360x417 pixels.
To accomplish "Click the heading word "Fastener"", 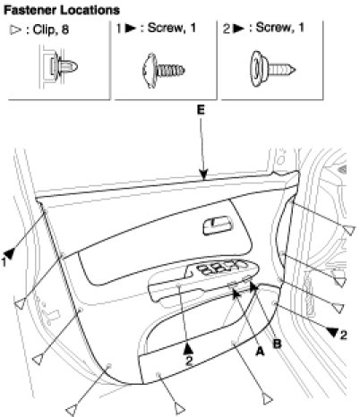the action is (x=30, y=11).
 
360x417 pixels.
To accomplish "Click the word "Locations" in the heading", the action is (x=90, y=11).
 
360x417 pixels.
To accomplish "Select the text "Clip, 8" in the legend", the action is (x=51, y=30).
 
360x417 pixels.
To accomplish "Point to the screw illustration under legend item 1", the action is (x=164, y=71).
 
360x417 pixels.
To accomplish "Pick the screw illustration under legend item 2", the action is (x=272, y=69).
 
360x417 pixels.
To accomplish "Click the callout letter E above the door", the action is (x=201, y=110).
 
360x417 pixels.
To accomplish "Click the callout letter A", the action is (x=260, y=352).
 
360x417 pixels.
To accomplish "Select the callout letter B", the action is (x=278, y=344).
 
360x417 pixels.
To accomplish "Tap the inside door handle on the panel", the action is (x=218, y=226).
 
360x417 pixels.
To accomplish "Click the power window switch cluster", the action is (x=221, y=267).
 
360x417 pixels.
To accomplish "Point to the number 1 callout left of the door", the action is (x=4, y=262).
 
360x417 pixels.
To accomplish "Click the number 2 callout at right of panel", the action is (x=344, y=335).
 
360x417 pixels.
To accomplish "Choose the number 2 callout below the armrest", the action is (x=189, y=361).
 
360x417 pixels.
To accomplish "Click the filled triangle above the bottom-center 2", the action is (x=188, y=349).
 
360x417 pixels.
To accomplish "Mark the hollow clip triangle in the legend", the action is (x=15, y=30).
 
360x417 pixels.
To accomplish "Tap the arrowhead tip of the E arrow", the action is (x=203, y=180).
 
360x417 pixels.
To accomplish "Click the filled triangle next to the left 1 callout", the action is (x=10, y=253).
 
